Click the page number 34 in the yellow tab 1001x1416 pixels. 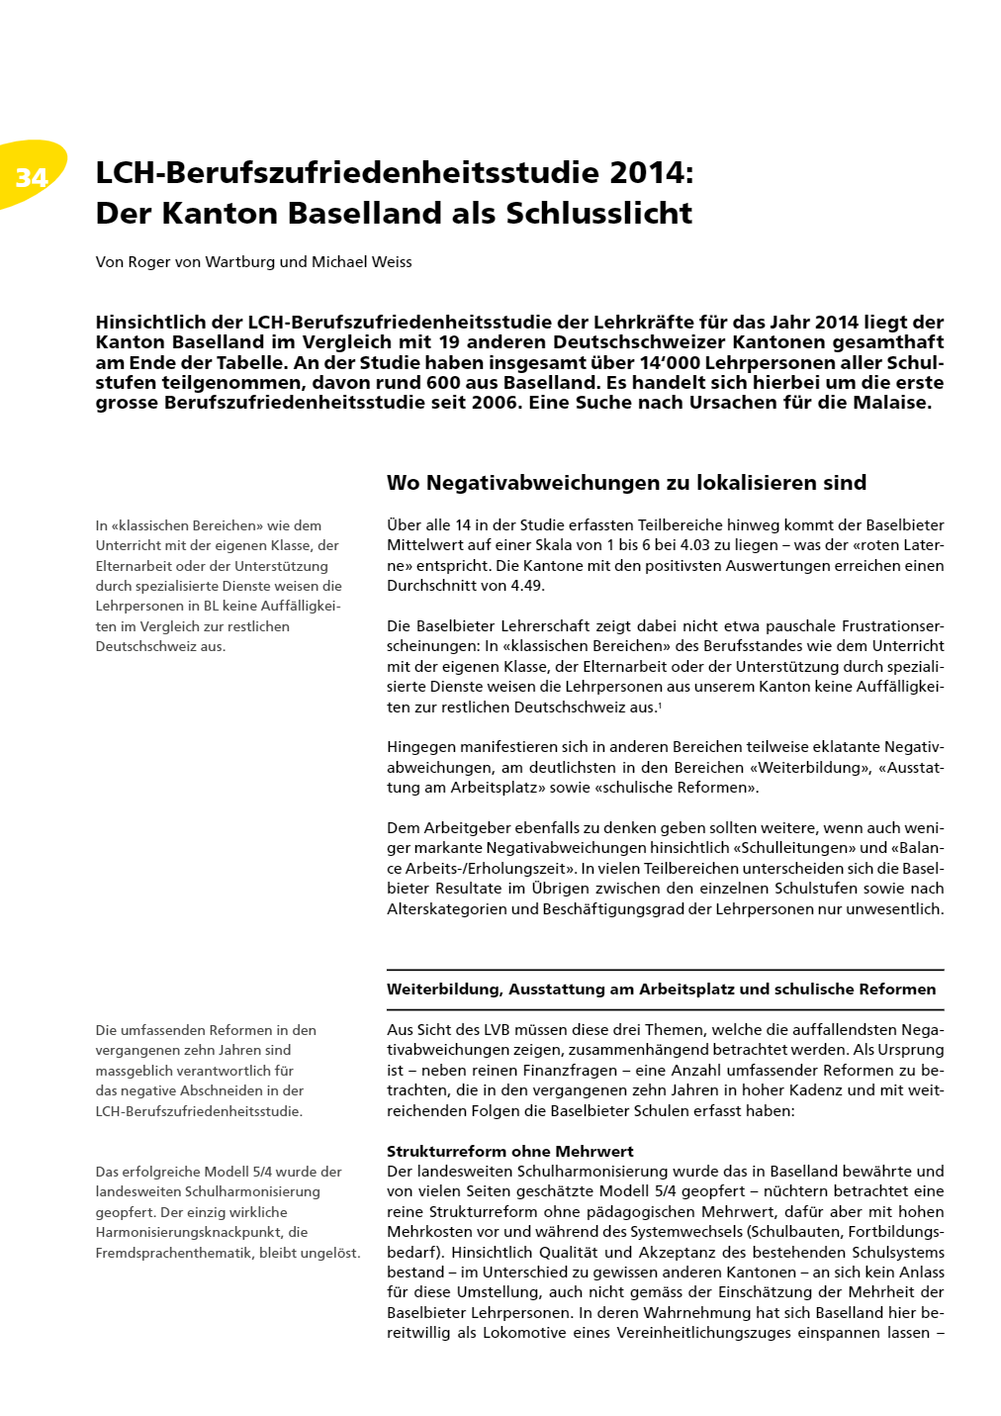point(32,177)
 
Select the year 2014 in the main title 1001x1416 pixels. point(647,172)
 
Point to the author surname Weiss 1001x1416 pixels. point(389,262)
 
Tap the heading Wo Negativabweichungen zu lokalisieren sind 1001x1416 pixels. point(626,483)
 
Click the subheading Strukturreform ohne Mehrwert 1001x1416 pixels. point(509,1152)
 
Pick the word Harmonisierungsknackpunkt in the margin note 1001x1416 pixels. point(202,1233)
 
